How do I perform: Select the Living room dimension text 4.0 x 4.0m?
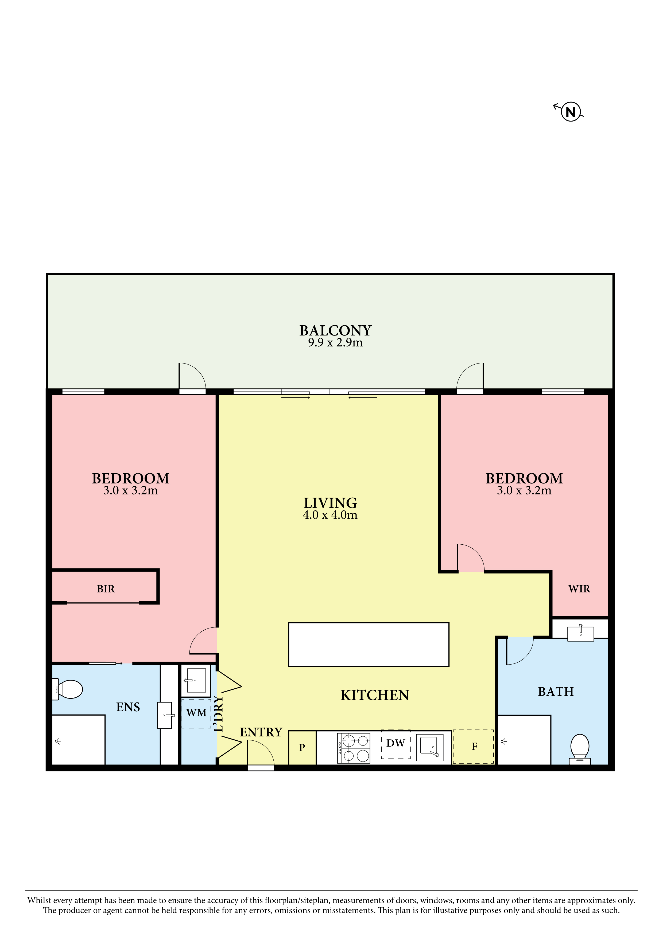point(330,515)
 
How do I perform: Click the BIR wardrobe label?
point(106,589)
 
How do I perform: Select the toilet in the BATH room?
point(580,749)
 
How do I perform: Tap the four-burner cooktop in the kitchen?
point(354,748)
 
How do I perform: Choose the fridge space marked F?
point(473,746)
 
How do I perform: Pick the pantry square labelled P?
point(302,748)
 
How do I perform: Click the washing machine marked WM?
point(196,713)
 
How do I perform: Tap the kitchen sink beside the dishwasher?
point(429,748)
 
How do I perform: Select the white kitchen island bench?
point(369,645)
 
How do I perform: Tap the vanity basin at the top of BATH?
point(580,633)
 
